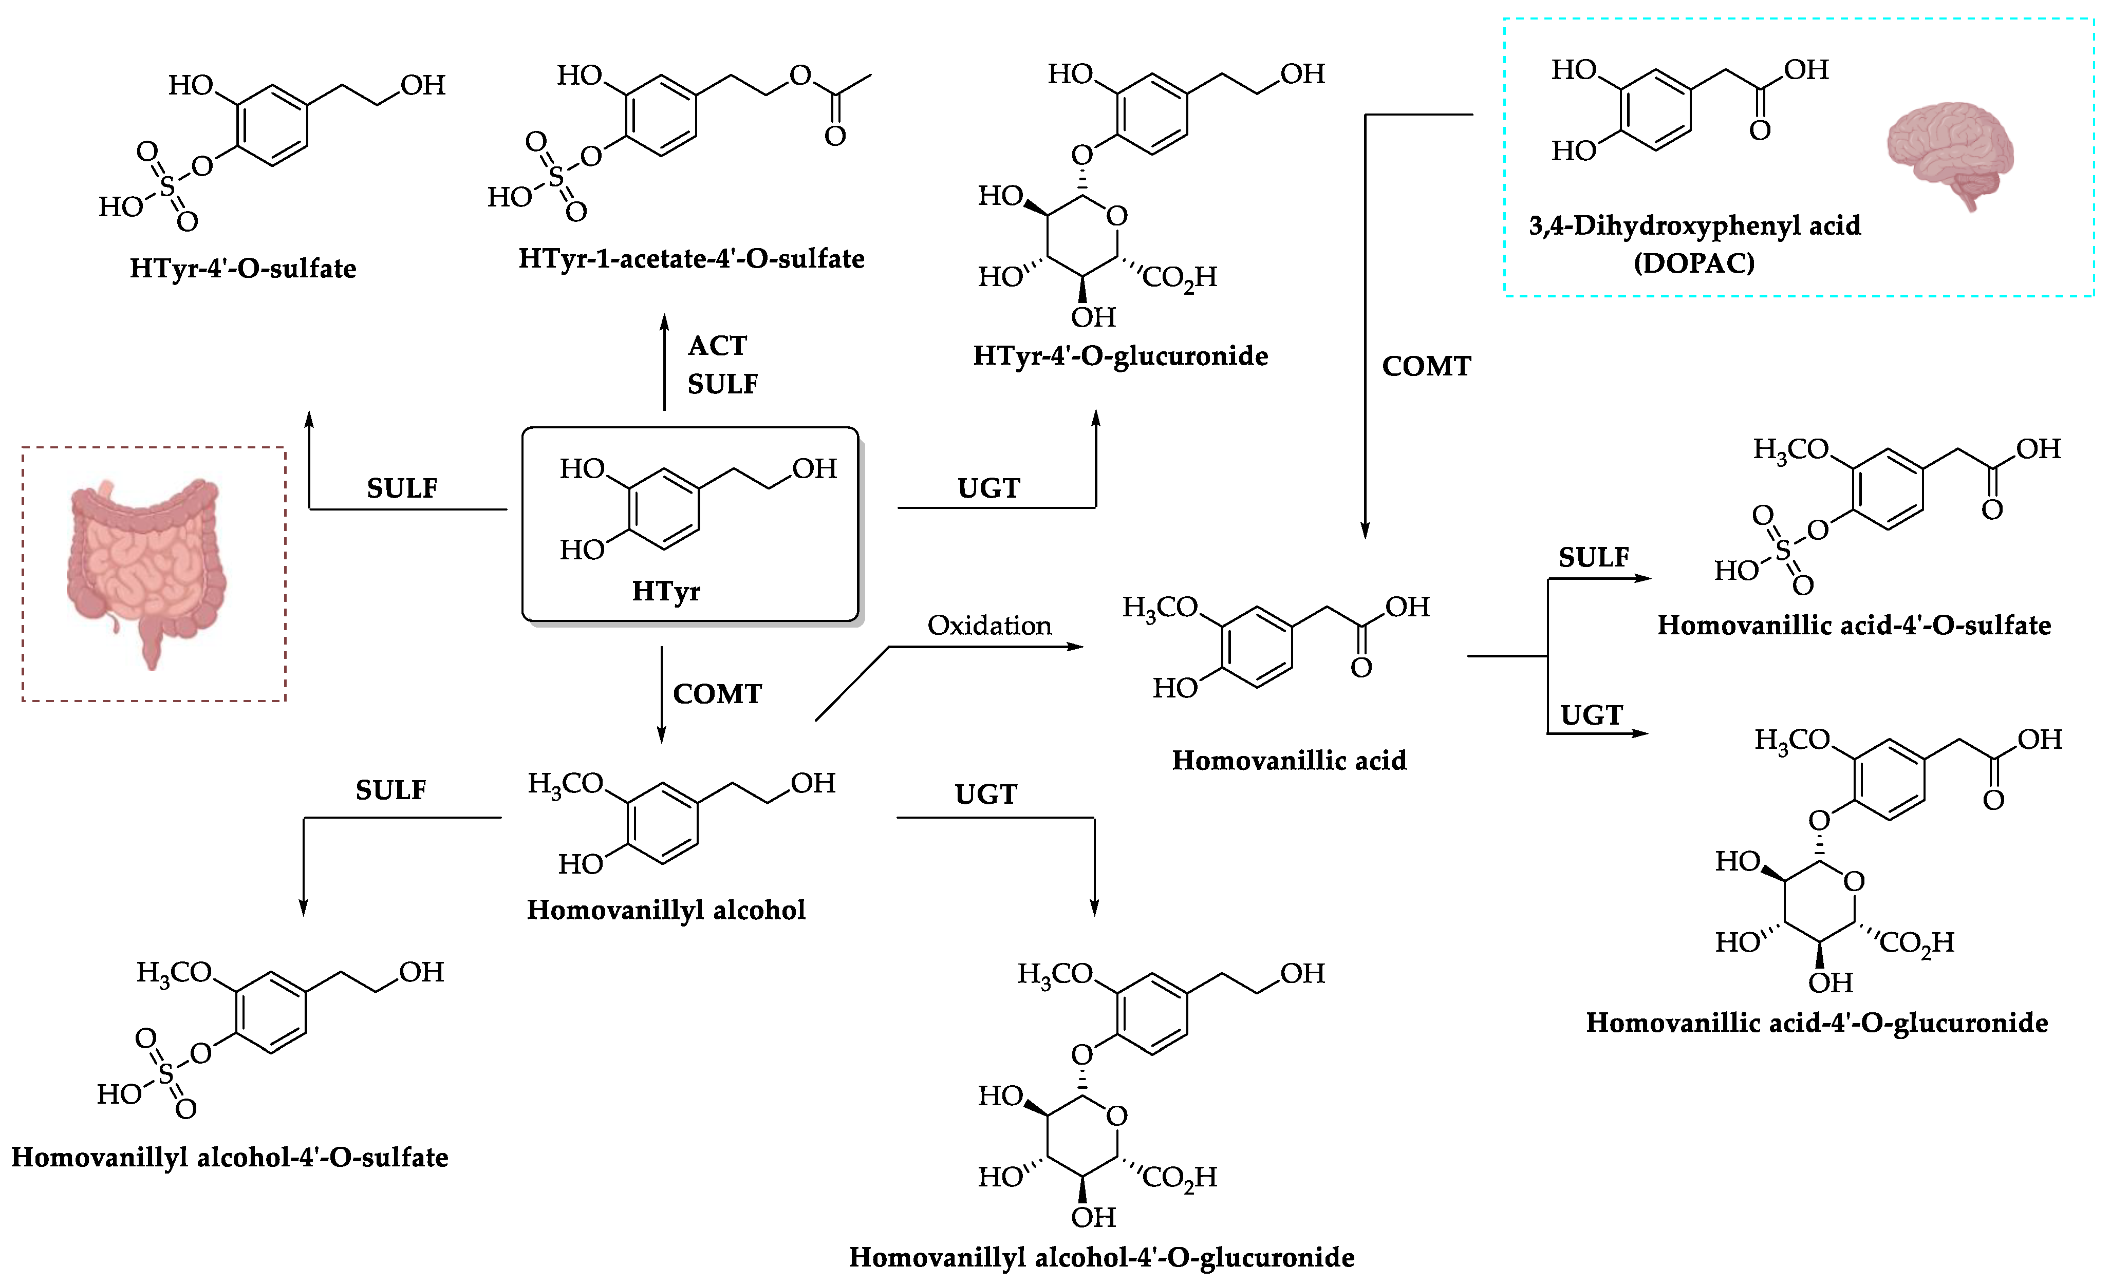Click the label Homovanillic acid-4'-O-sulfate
click(1854, 626)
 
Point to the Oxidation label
click(989, 626)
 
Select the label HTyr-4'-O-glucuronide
click(1120, 356)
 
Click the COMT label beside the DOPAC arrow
click(1426, 366)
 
